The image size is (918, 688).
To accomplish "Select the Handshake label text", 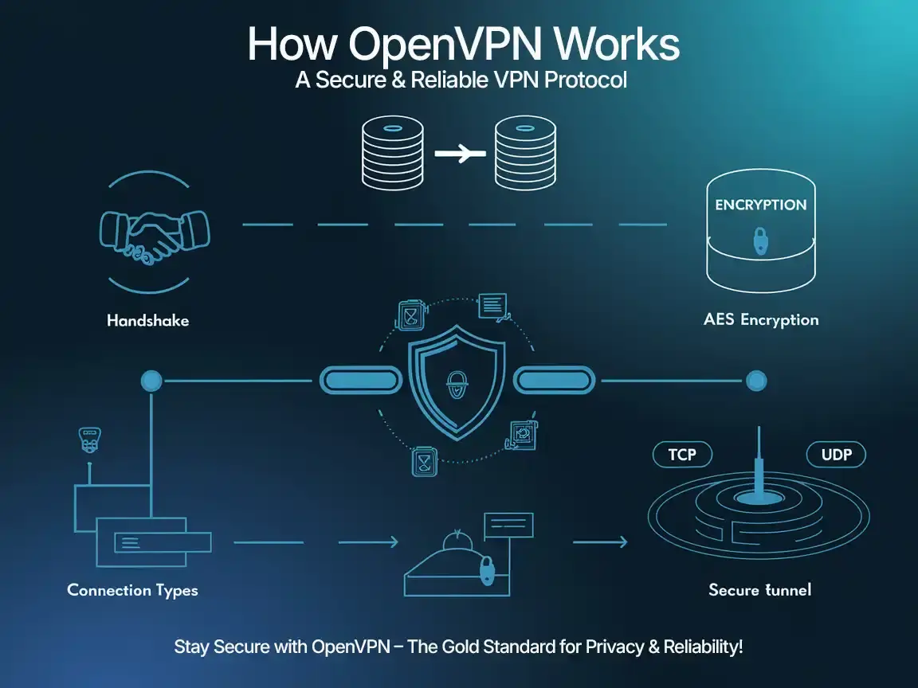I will tap(148, 322).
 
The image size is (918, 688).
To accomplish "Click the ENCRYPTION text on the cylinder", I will tap(761, 205).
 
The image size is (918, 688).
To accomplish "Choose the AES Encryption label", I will tap(761, 320).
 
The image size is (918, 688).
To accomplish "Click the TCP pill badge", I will tap(682, 455).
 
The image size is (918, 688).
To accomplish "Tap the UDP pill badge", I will tap(836, 455).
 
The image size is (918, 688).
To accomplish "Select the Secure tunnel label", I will tap(759, 590).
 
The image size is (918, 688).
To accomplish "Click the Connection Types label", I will tap(132, 590).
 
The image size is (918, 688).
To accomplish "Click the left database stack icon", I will tap(390, 154).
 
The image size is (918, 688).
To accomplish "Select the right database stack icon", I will tap(524, 154).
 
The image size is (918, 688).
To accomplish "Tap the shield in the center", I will tap(456, 381).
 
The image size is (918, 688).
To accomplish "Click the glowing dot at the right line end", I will tap(755, 381).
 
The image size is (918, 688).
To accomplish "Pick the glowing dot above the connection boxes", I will tap(151, 381).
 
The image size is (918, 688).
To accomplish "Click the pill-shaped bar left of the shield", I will tap(359, 380).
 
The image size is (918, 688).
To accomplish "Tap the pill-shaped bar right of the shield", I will tap(555, 380).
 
